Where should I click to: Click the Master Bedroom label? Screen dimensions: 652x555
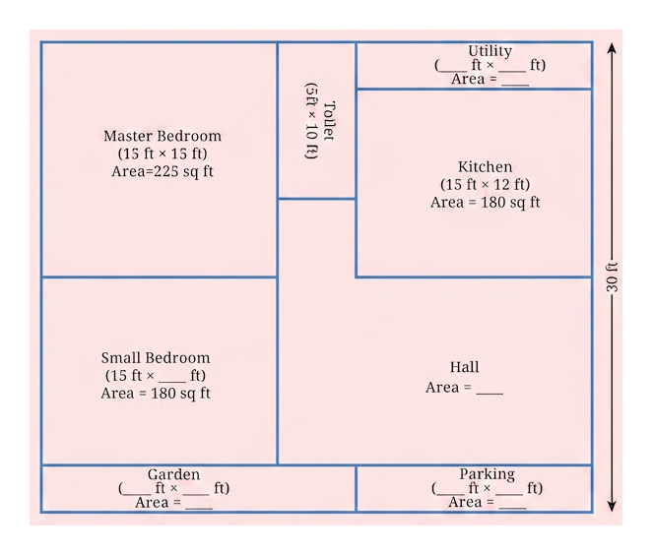pos(163,136)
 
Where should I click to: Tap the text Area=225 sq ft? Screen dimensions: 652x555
pos(163,171)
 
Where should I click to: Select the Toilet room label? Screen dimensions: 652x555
pos(329,120)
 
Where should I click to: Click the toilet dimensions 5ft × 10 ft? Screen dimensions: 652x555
pos(311,120)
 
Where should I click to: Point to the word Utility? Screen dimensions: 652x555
pos(489,51)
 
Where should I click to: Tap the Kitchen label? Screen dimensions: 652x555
pos(485,166)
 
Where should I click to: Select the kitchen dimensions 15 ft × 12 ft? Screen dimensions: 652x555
pos(485,184)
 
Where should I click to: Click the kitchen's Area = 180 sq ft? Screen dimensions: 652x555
pos(485,203)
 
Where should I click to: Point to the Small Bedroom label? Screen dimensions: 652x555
pos(156,357)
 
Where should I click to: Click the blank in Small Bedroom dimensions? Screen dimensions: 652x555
pos(172,379)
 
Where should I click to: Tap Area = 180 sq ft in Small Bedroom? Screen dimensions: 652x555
pos(156,393)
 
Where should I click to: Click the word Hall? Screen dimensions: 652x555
pos(464,367)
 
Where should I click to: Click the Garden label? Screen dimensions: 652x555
pos(173,474)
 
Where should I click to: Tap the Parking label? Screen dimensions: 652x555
pos(487,474)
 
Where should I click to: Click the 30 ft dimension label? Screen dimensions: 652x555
pos(612,277)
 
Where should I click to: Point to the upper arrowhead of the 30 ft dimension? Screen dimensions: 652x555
pos(612,47)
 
